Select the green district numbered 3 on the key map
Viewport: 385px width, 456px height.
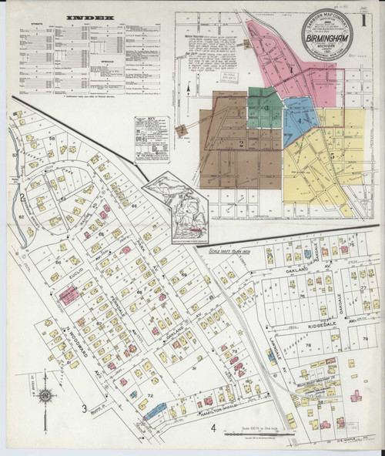click(x=264, y=107)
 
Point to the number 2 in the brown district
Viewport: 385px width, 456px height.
click(x=240, y=143)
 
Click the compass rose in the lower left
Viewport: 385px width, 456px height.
click(x=46, y=397)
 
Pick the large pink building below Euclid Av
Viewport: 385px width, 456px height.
click(x=67, y=294)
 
